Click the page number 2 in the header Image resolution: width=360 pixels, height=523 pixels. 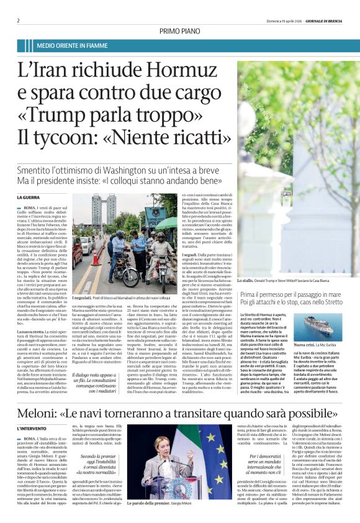tap(18, 20)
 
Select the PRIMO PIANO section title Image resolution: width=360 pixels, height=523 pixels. tap(180, 30)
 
